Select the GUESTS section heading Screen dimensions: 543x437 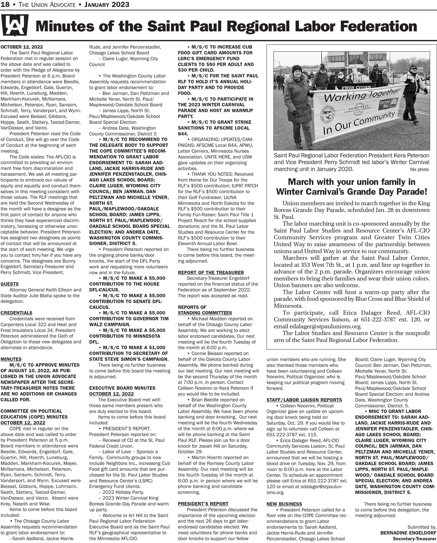point(10,284)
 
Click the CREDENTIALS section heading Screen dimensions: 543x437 point(16,313)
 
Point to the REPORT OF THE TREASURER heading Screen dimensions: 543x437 point(211,273)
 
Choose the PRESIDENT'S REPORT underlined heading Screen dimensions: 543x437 point(203,504)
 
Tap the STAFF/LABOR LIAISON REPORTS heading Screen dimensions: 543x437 point(304,400)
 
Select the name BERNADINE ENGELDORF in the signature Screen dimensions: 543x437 point(408,533)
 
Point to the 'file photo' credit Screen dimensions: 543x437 point(419,169)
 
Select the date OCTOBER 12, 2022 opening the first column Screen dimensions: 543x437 point(22,47)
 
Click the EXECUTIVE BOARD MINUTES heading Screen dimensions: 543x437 point(122,388)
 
